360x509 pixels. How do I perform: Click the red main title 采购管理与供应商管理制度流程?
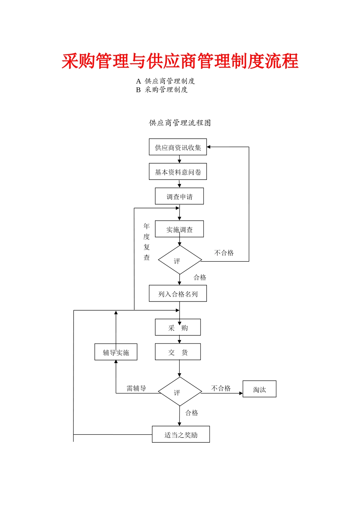(180, 61)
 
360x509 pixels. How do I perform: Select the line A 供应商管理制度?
(166, 81)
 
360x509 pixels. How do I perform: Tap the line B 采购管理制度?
(162, 90)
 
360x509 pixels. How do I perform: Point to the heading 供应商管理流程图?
(180, 123)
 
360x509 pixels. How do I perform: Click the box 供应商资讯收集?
(178, 147)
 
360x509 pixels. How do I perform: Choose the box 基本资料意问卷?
(178, 172)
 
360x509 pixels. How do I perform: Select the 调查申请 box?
(179, 197)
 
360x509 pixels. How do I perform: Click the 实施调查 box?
(179, 229)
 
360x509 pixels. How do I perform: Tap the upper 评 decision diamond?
(180, 260)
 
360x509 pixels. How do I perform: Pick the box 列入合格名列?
(178, 294)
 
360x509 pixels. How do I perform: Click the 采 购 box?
(178, 328)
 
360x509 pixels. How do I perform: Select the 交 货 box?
(178, 352)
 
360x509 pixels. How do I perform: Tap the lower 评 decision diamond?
(180, 392)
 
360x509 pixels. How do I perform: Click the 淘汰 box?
(259, 389)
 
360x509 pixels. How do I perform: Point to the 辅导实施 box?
(116, 352)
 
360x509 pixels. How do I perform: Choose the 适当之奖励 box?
(181, 435)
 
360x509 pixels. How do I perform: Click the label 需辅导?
(136, 388)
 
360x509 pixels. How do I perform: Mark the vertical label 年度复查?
(147, 242)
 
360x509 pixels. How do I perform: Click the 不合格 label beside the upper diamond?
(224, 253)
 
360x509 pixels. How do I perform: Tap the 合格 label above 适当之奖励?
(191, 413)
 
